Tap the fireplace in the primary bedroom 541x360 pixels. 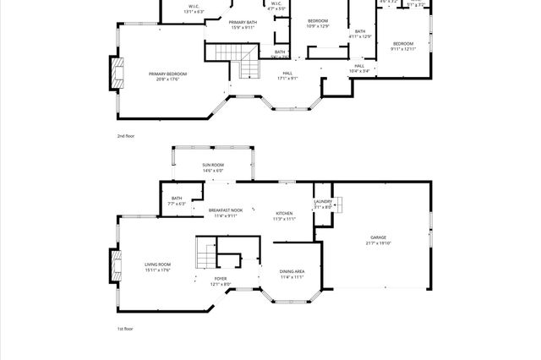tap(117, 74)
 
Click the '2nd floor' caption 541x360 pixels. tap(126, 135)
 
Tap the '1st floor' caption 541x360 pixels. tap(125, 329)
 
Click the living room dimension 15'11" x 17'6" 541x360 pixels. tap(157, 270)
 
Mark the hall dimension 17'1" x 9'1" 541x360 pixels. tap(287, 79)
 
